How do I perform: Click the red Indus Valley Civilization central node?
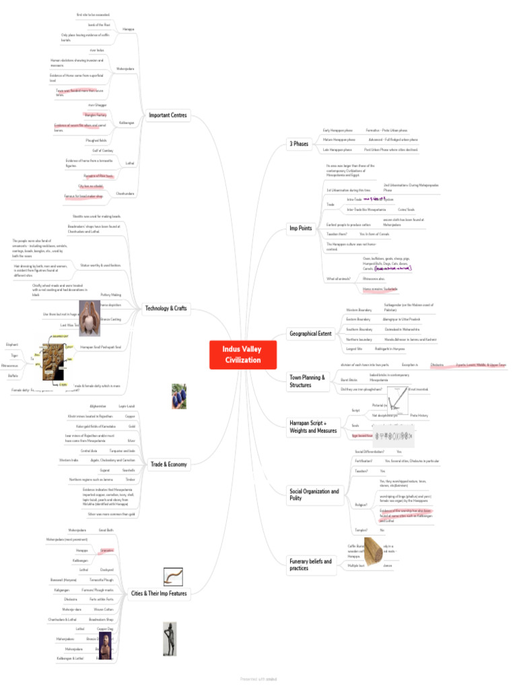(242, 354)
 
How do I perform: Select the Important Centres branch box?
(168, 115)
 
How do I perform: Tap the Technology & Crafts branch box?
(166, 309)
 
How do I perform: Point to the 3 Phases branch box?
(300, 144)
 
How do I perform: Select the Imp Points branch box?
(300, 228)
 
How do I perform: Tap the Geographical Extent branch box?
(310, 334)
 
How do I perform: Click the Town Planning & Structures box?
(307, 381)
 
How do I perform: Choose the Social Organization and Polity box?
(314, 495)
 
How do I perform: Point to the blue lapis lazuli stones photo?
(178, 392)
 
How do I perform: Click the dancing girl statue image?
(170, 637)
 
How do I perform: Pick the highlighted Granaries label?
(106, 551)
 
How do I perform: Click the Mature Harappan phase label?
(339, 139)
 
